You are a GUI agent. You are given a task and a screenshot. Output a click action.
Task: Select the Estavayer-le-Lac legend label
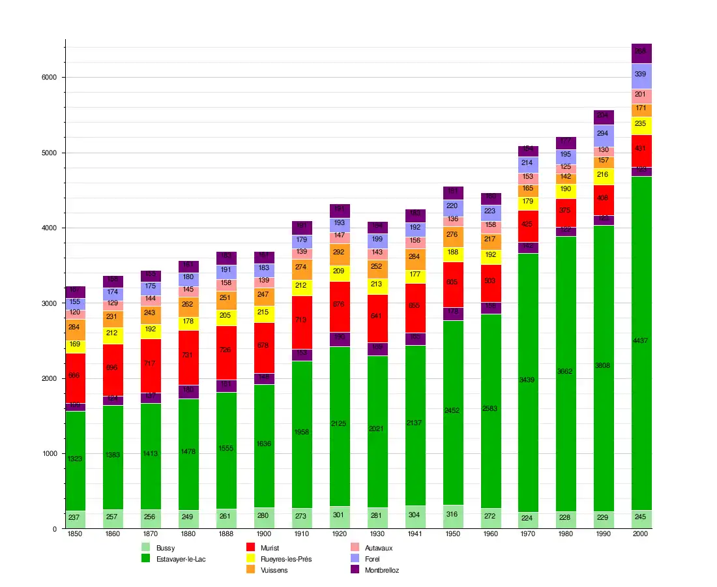pyautogui.click(x=181, y=559)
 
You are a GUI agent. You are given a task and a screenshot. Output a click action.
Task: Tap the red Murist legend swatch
pyautogui.click(x=250, y=548)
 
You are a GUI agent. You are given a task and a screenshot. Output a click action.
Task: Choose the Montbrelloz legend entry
pyautogui.click(x=381, y=570)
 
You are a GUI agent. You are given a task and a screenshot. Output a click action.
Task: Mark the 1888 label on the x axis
pyautogui.click(x=226, y=534)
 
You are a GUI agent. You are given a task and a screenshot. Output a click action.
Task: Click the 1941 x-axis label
pyautogui.click(x=415, y=534)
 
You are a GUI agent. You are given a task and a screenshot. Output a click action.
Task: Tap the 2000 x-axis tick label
pyautogui.click(x=641, y=534)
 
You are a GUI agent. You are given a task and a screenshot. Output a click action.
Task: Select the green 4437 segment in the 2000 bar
pyautogui.click(x=641, y=340)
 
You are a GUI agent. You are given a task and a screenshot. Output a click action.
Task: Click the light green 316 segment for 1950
pyautogui.click(x=453, y=514)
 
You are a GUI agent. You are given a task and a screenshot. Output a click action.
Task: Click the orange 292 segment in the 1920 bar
pyautogui.click(x=340, y=252)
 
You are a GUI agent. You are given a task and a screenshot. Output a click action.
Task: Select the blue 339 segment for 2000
pyautogui.click(x=641, y=74)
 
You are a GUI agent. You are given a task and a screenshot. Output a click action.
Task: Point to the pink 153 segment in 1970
pyautogui.click(x=528, y=177)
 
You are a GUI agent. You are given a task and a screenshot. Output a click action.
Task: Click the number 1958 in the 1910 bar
pyautogui.click(x=302, y=432)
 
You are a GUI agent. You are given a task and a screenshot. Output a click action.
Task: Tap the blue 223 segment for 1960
pyautogui.click(x=491, y=211)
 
